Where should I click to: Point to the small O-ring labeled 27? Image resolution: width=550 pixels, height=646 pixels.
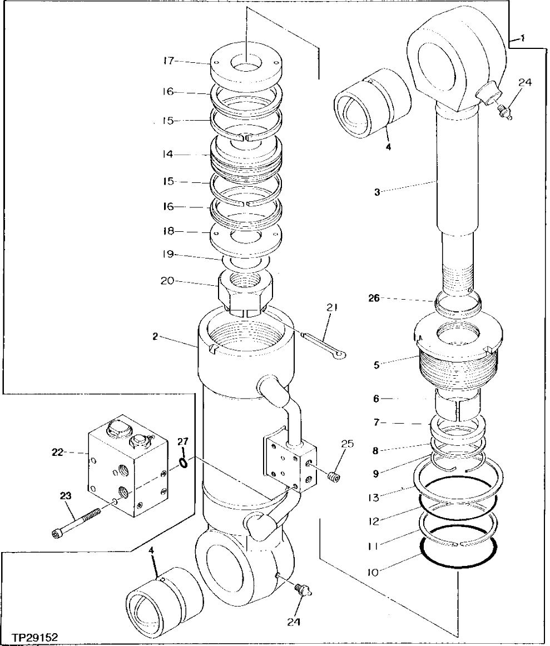coord(183,460)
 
